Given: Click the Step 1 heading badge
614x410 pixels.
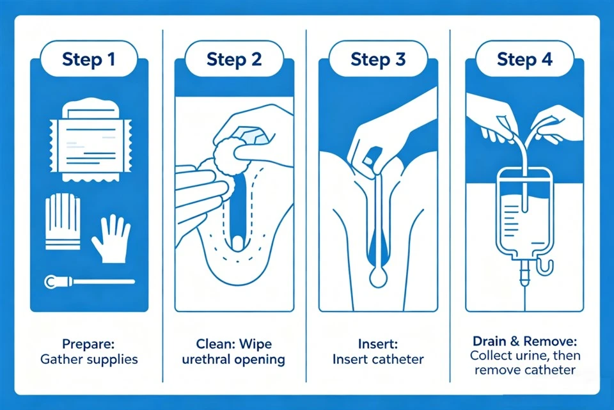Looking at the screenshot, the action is click(x=89, y=59).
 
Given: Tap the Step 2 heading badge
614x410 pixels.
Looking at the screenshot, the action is click(x=234, y=59).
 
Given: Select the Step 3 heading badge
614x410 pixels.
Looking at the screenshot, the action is click(x=378, y=59).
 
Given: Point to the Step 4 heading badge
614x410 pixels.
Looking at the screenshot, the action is click(x=524, y=59).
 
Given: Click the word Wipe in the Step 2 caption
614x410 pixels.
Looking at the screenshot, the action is click(x=255, y=344).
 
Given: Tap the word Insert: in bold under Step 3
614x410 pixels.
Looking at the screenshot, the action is click(x=378, y=344).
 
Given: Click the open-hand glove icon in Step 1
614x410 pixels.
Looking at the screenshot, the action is click(x=111, y=239).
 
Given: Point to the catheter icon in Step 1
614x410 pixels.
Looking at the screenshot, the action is click(x=90, y=281).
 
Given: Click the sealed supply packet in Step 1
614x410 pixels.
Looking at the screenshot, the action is click(x=90, y=140).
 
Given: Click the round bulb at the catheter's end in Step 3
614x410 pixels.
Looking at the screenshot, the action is click(x=378, y=278).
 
